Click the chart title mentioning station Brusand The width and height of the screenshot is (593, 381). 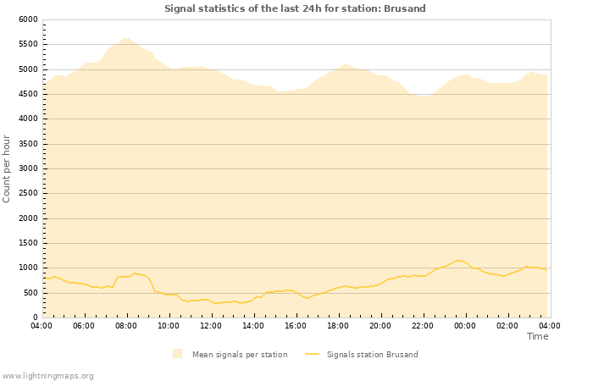[295, 8]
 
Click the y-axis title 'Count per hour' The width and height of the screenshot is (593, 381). [8, 168]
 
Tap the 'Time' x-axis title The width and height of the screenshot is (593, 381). [537, 336]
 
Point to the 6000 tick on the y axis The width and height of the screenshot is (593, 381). [27, 19]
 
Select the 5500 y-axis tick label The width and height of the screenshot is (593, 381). [27, 44]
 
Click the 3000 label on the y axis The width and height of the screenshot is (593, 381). [27, 168]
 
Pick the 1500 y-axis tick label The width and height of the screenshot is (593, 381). [27, 243]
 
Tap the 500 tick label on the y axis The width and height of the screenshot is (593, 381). [30, 293]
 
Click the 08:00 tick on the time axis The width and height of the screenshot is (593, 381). [126, 325]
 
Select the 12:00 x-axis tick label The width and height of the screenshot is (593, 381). [211, 325]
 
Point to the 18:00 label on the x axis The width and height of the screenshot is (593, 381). [338, 325]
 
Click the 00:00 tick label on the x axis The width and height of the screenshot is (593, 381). [465, 325]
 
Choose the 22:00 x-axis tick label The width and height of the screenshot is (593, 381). [423, 325]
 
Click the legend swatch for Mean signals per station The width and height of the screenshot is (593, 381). [177, 354]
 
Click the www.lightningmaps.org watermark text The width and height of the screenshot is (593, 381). [47, 376]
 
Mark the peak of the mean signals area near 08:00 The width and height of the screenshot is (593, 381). [125, 38]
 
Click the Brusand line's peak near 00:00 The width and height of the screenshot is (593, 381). [460, 260]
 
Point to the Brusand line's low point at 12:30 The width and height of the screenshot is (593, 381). [217, 303]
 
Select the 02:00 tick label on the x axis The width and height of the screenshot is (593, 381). [507, 325]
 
